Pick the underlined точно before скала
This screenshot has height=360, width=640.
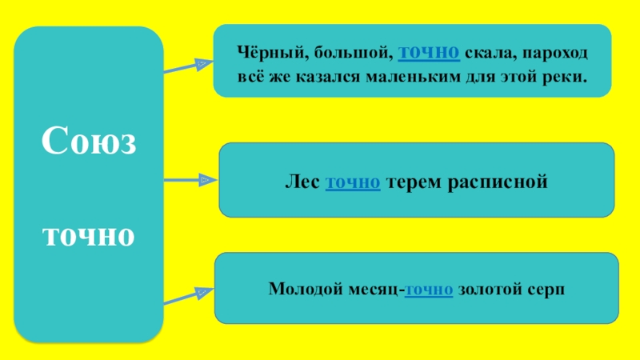click(x=428, y=54)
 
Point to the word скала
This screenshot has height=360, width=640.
click(x=488, y=54)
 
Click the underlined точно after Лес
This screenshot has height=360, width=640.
click(x=353, y=182)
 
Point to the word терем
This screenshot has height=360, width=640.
click(x=411, y=182)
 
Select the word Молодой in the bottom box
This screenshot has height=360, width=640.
click(x=302, y=288)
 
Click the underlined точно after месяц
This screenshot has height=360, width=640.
click(x=430, y=288)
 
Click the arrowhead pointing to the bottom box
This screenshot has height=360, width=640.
click(x=202, y=295)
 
